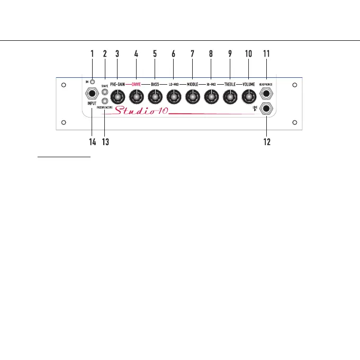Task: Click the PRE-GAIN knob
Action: click(x=118, y=96)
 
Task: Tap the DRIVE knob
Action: click(x=137, y=96)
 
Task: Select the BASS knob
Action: click(x=155, y=96)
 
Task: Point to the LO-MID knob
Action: click(x=174, y=96)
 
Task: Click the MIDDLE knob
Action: click(x=192, y=96)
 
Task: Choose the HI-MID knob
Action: click(x=211, y=96)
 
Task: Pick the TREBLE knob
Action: click(x=230, y=96)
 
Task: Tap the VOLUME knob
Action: click(x=248, y=96)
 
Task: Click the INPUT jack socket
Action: click(x=92, y=94)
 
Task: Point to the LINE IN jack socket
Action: click(x=266, y=110)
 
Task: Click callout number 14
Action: click(x=92, y=142)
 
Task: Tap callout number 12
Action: click(x=266, y=142)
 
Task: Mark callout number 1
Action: click(x=92, y=53)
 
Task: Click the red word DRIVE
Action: click(x=137, y=84)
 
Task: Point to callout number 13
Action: click(x=105, y=142)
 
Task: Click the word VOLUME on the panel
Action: click(x=248, y=84)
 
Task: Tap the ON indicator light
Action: click(x=92, y=82)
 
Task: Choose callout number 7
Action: click(x=192, y=53)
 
